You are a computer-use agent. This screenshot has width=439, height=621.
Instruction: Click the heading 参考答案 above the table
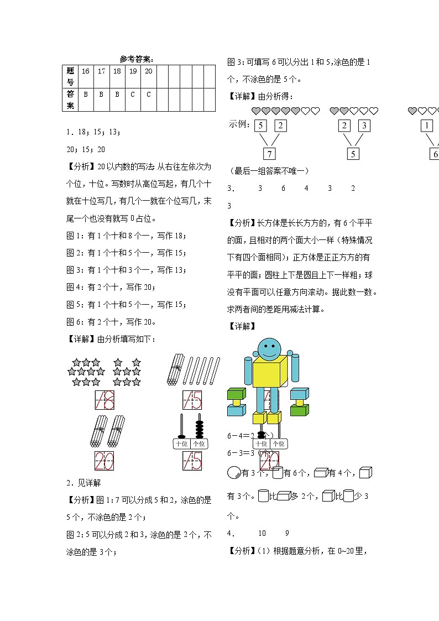(x=137, y=59)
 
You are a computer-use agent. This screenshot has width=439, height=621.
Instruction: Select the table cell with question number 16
(x=85, y=71)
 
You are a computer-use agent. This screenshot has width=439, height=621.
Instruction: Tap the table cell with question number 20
(x=149, y=71)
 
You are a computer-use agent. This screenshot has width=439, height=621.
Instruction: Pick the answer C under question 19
(x=133, y=95)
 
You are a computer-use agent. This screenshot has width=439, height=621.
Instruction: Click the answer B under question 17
(x=101, y=95)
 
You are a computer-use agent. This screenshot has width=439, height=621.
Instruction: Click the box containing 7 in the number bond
(x=269, y=154)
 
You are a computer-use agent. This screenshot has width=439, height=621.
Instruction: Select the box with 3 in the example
(x=364, y=126)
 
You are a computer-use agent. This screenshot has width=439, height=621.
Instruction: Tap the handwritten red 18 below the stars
(x=104, y=400)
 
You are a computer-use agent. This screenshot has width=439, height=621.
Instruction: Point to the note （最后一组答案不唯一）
(x=268, y=171)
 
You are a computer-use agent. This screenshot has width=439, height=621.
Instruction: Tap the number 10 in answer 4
(x=262, y=533)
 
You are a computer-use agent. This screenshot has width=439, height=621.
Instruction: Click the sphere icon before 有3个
(x=234, y=473)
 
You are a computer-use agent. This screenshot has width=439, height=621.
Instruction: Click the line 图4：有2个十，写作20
(x=111, y=287)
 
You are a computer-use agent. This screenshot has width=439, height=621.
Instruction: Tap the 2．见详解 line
(x=83, y=483)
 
